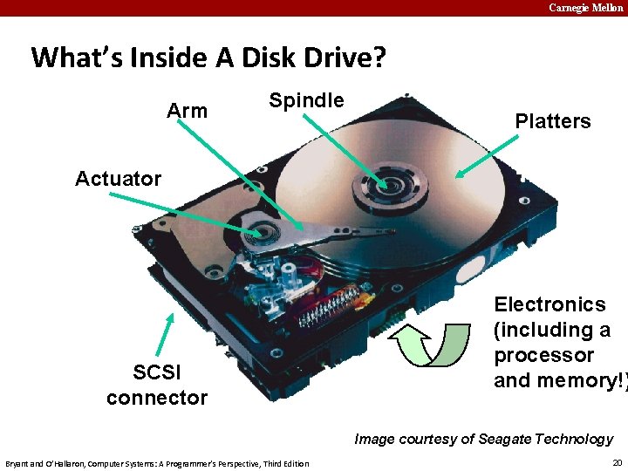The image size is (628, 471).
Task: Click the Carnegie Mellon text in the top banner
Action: tap(585, 8)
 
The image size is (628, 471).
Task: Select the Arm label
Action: tap(188, 111)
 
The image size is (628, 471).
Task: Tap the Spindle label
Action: tap(306, 100)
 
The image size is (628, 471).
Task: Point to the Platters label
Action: tap(552, 121)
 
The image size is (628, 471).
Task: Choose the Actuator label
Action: tap(118, 179)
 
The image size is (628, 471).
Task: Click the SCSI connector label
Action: tap(157, 385)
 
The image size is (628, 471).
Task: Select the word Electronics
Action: tap(549, 304)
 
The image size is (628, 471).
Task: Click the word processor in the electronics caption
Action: tap(543, 355)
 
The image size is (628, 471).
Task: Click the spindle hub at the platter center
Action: tap(385, 185)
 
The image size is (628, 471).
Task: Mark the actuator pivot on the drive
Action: tap(259, 233)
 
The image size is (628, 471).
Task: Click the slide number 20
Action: tap(617, 462)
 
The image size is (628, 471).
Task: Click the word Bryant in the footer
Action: tap(18, 463)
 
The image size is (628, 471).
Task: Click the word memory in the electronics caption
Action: tap(577, 380)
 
